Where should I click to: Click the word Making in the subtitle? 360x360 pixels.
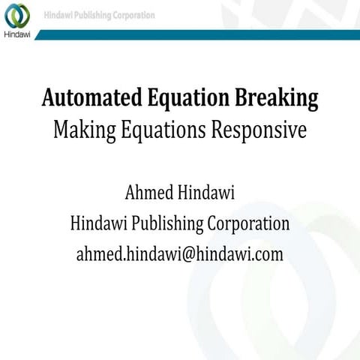coord(81,130)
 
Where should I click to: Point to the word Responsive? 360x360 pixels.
coord(253,130)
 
